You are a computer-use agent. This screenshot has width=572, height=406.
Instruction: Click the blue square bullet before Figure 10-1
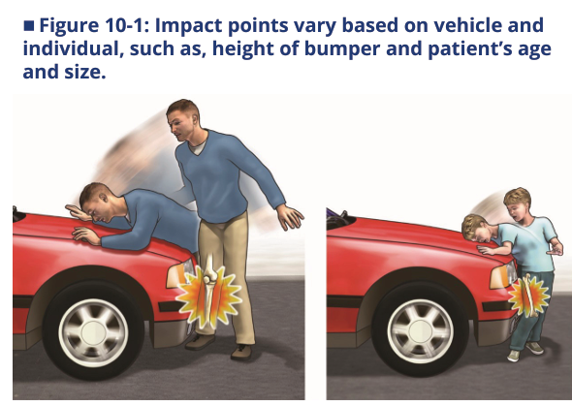(29, 26)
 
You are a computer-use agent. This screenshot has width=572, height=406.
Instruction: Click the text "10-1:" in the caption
(127, 25)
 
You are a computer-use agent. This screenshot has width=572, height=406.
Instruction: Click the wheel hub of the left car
(93, 332)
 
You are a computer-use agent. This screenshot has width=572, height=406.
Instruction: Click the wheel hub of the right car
(420, 331)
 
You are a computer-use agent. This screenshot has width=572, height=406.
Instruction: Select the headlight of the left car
(180, 274)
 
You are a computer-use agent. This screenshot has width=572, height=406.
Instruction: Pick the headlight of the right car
(503, 275)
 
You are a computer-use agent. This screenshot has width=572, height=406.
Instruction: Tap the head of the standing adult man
(184, 119)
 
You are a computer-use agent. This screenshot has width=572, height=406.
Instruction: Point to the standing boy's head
(517, 205)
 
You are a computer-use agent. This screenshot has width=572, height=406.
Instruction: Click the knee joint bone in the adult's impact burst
(209, 278)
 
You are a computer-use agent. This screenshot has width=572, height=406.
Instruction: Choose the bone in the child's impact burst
(528, 295)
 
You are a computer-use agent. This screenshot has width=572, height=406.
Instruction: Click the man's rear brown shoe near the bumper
(200, 342)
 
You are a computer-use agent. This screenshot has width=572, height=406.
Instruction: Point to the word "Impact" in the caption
(189, 25)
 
